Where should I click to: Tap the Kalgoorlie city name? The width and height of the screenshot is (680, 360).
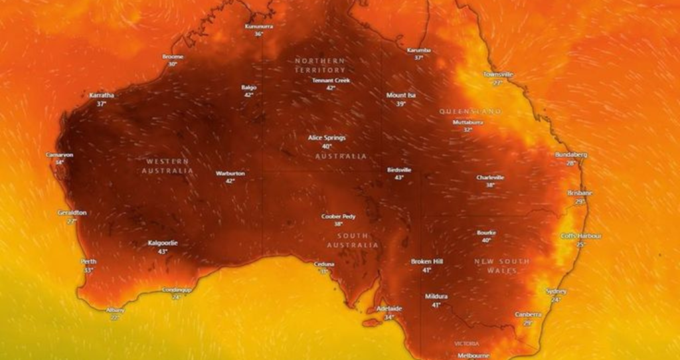163,243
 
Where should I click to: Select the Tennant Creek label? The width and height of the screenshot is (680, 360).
331,80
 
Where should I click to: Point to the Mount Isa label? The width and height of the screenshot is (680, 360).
401,95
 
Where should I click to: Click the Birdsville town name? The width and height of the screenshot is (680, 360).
399,170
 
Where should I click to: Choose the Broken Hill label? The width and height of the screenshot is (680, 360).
426,261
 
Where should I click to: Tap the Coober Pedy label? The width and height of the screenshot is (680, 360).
339,217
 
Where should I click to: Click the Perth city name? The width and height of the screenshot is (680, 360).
88,262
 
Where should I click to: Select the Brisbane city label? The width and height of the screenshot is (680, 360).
580,193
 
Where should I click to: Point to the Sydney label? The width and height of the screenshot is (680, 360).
556,292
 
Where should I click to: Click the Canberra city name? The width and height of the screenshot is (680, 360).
529,314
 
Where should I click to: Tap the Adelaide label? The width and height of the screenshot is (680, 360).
389,309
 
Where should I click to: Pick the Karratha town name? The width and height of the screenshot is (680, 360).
102,95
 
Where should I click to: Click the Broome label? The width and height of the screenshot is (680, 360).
173,56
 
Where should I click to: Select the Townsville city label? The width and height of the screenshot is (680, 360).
498,74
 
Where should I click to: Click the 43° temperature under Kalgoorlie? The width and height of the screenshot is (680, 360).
163,252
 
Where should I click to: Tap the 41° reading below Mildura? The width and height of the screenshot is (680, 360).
436,305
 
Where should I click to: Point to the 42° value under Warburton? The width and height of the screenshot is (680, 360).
230,181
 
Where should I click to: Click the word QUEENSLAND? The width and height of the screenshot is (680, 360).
470,112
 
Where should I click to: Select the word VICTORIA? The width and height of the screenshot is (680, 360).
466,343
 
